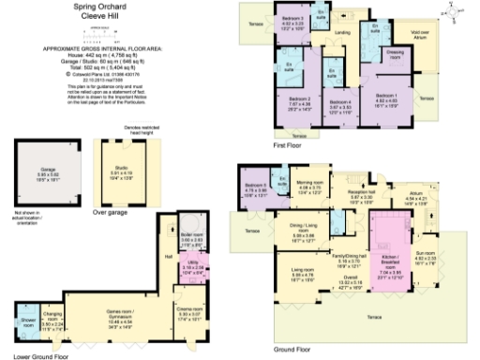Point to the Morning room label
coord(309,185)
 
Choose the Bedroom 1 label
coord(386,97)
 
